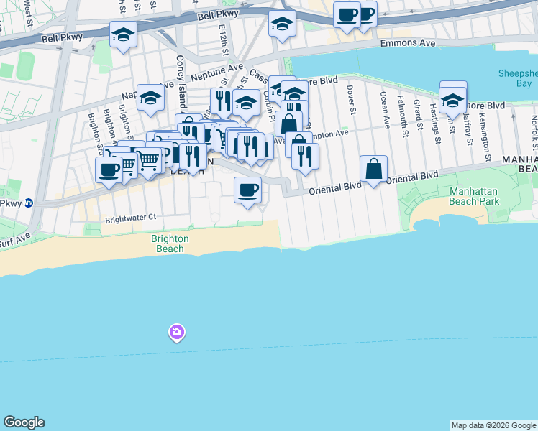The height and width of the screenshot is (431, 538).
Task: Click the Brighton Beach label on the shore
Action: point(170,244)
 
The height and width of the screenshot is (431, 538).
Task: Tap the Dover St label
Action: point(352,100)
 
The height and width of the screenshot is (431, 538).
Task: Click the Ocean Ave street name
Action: point(385,110)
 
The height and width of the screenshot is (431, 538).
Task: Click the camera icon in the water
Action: point(177,332)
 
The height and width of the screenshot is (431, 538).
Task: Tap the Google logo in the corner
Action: point(24,422)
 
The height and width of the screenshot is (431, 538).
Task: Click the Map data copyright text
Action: point(493,425)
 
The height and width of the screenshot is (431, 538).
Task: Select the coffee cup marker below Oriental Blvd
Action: point(247,190)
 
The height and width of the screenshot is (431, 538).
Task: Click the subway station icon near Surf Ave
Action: point(28,203)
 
